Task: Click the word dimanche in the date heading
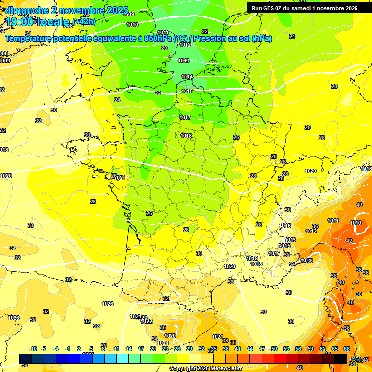(27, 10)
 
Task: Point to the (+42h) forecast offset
(84, 21)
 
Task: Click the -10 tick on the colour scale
(33, 349)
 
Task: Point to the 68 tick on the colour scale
(347, 349)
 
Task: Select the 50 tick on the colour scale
(274, 349)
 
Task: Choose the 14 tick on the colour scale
(129, 349)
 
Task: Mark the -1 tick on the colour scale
(68, 349)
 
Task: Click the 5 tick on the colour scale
(91, 349)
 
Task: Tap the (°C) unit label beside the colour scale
(356, 359)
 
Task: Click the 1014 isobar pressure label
(187, 77)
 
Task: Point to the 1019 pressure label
(252, 259)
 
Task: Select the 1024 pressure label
(136, 316)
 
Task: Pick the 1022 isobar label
(147, 321)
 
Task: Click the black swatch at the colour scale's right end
(341, 358)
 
